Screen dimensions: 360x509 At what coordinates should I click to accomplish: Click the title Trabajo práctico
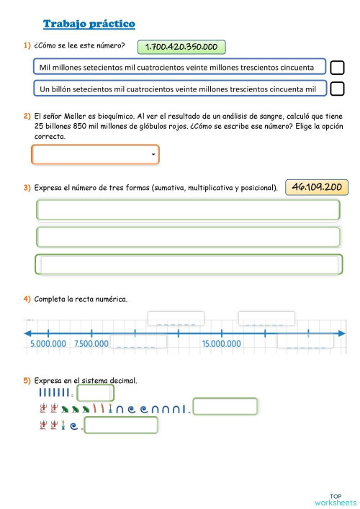point(89,24)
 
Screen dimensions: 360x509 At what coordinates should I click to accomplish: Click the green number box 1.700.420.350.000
point(181,48)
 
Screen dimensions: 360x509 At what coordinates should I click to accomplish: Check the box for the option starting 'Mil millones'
point(337,68)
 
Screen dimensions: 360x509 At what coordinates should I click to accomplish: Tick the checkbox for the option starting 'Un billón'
point(337,89)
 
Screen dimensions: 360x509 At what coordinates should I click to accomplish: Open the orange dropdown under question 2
point(95,155)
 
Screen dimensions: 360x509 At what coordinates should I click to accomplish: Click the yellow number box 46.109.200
point(317,187)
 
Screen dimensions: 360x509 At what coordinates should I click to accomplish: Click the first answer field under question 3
point(187,210)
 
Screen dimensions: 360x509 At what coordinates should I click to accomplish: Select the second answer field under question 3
point(187,238)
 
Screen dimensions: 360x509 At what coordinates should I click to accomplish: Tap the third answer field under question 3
point(187,265)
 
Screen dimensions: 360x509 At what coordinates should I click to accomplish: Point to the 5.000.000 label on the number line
point(48,344)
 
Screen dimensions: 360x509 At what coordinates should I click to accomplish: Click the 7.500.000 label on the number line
point(91,344)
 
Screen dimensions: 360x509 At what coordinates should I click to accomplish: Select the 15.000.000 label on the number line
point(222,344)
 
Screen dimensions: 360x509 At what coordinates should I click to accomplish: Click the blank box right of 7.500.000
point(138,344)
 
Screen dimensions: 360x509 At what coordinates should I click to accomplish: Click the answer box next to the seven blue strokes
point(95,393)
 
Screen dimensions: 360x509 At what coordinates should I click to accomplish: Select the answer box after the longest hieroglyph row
point(225,408)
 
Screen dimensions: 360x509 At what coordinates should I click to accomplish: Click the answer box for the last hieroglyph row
point(121,425)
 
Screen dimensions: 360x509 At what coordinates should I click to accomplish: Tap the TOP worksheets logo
point(335,499)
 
